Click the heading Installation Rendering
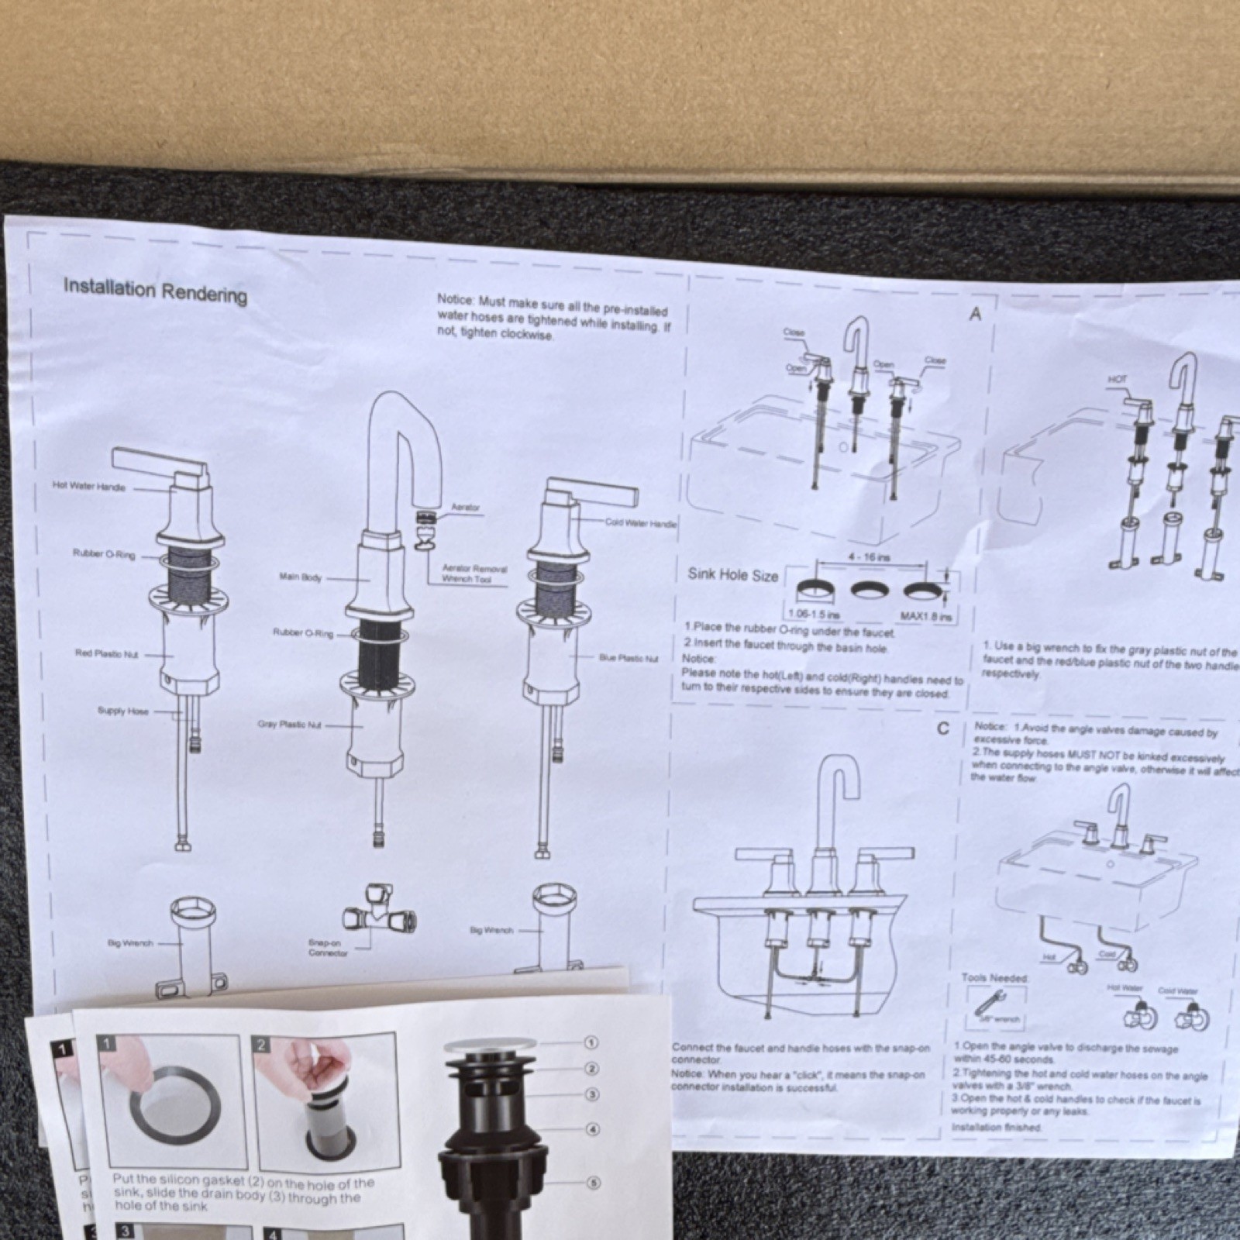tap(155, 291)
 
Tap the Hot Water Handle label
tap(88, 487)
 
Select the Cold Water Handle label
tap(640, 523)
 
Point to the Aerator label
tap(465, 508)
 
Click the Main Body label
tap(300, 577)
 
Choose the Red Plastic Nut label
tap(106, 653)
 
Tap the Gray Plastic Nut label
tap(289, 725)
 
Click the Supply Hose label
tap(122, 711)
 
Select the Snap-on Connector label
tap(328, 948)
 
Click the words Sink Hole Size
tap(732, 574)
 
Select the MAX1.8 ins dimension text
tap(925, 617)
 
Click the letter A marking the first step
tap(975, 314)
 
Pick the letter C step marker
tap(943, 728)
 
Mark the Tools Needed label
tap(994, 978)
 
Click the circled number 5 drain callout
tap(593, 1183)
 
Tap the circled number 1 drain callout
tap(591, 1043)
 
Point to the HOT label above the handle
tap(1117, 380)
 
